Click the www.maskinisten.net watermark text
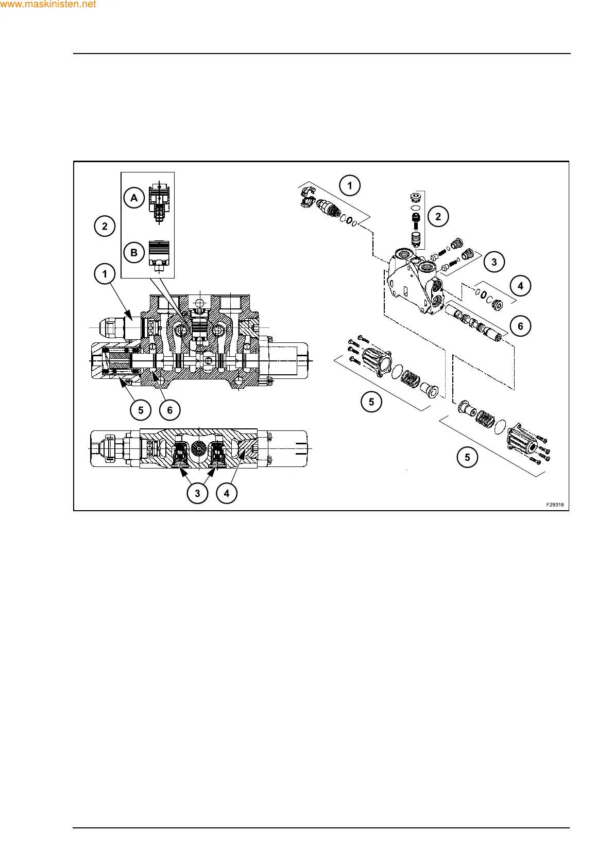(x=48, y=5)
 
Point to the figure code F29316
(x=555, y=505)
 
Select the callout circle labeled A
(x=134, y=198)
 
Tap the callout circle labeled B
(x=134, y=253)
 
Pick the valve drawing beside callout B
(x=159, y=254)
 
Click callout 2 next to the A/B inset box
(x=105, y=226)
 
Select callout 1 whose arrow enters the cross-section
(x=105, y=274)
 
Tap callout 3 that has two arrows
(x=197, y=493)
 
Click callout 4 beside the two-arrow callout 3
(x=227, y=493)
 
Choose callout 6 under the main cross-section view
(x=169, y=410)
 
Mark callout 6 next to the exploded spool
(x=520, y=326)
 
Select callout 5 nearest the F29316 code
(x=467, y=457)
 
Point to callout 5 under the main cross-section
(x=141, y=410)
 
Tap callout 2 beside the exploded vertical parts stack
(x=438, y=217)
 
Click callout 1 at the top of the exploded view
(x=350, y=185)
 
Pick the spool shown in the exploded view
(x=474, y=323)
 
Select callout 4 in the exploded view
(x=520, y=286)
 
